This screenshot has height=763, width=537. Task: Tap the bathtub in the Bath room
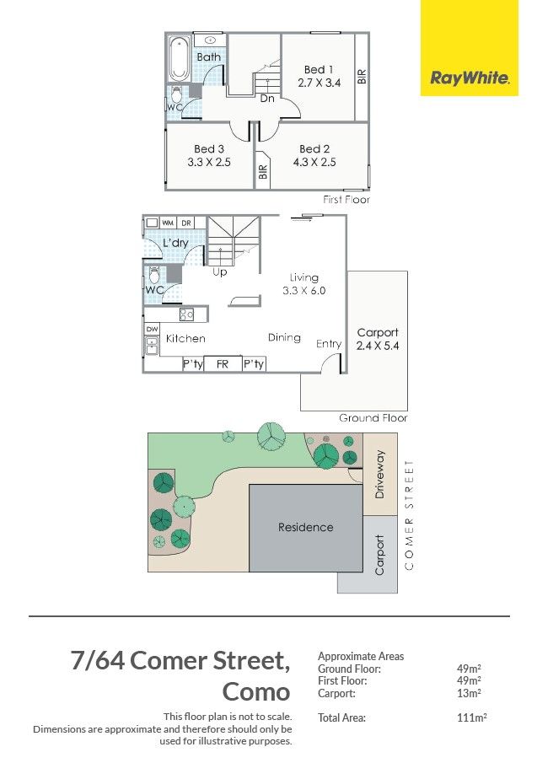(179, 59)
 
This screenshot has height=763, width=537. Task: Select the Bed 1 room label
(319, 70)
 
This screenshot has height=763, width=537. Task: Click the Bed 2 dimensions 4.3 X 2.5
(314, 162)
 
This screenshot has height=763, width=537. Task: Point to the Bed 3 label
(209, 149)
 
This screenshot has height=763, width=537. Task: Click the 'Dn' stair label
(267, 99)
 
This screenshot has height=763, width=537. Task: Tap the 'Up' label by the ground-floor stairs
(219, 272)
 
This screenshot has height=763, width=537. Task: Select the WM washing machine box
(168, 223)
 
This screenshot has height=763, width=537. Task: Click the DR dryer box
(185, 223)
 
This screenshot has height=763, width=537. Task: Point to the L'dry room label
(175, 242)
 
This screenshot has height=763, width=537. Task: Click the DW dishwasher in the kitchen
(152, 330)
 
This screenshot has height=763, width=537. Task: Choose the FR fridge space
(223, 364)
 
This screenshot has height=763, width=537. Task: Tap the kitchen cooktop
(187, 314)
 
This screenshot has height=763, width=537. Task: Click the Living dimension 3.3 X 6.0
(304, 291)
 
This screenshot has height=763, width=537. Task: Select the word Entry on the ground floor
(328, 344)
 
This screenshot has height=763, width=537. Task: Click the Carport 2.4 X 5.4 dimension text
(378, 346)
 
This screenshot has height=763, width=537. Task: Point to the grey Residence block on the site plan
(306, 528)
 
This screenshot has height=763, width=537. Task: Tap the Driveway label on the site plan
(380, 474)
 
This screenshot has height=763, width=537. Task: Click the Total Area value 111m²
(472, 717)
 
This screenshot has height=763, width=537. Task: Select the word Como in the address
(256, 692)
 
